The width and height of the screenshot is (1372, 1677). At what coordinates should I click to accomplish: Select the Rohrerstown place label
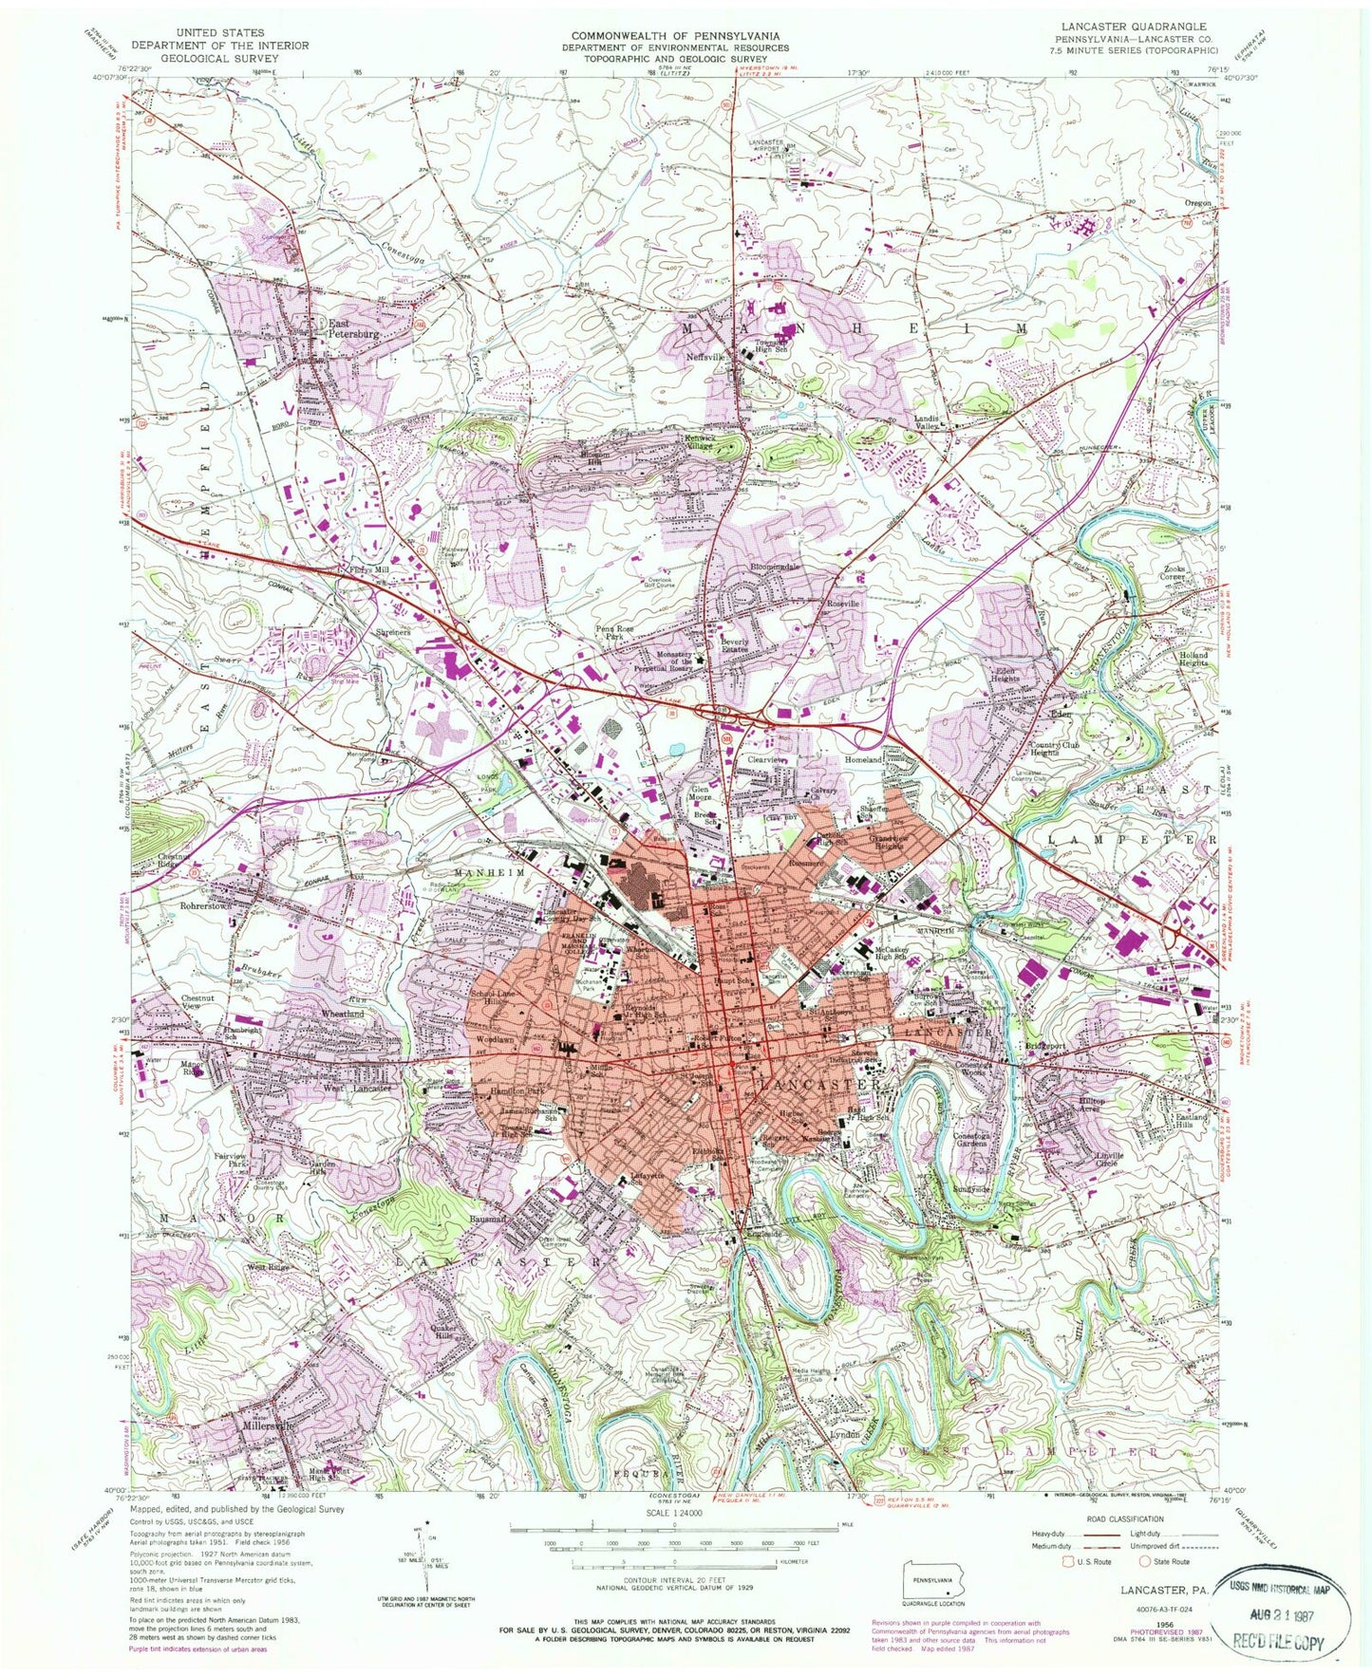(207, 906)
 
